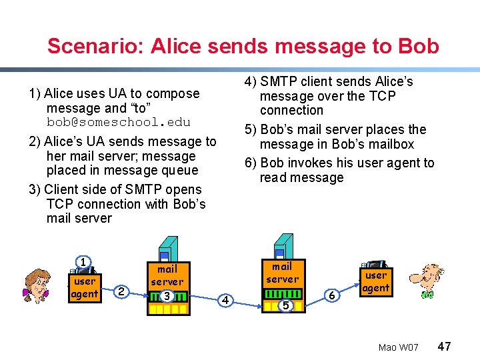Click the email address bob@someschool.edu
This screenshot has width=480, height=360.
(118, 123)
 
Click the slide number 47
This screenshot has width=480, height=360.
(445, 347)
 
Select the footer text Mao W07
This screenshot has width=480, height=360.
(398, 348)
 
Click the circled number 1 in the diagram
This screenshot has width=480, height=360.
(83, 262)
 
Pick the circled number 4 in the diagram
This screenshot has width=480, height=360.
(225, 300)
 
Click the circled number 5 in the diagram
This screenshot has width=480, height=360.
(285, 305)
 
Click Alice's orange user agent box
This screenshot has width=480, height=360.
(85, 287)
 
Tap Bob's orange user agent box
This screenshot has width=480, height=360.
(375, 281)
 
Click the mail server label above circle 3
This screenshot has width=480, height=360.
(167, 275)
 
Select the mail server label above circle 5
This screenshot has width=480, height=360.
(283, 273)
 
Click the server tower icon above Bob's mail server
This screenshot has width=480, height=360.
(285, 246)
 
